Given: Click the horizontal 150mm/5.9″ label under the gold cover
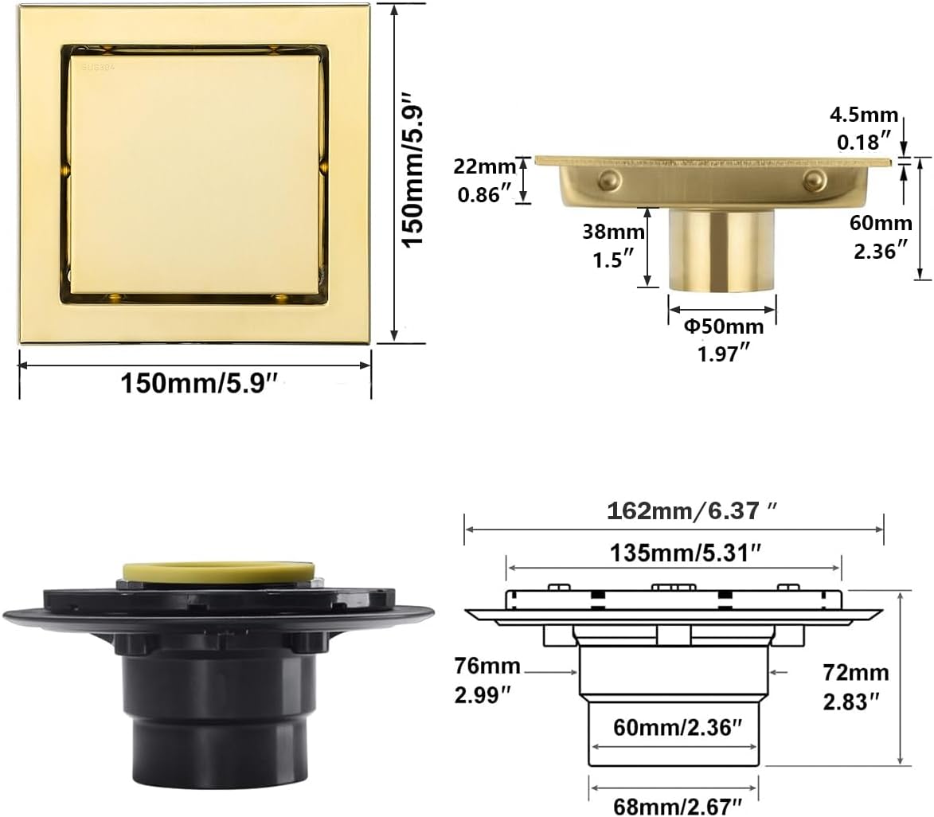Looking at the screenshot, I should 198,383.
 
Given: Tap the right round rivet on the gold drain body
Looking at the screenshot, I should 813,178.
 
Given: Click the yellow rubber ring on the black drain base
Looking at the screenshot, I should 218,570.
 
